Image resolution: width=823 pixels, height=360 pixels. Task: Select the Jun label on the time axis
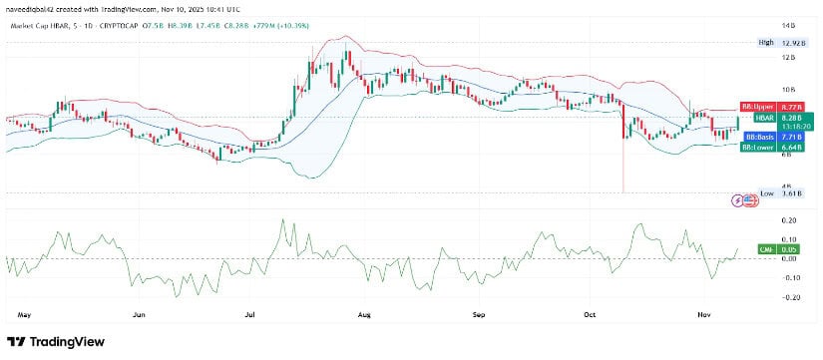coord(140,314)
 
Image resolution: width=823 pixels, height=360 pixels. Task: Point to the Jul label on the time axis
coord(250,314)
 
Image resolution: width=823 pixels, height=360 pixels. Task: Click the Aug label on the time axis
coord(364,314)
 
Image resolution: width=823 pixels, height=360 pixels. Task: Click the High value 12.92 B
coord(790,43)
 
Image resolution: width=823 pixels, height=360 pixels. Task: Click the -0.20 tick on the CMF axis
coord(789,297)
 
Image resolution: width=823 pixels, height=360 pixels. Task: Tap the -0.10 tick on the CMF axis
coord(789,277)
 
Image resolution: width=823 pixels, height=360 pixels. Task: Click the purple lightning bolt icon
coord(738,199)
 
